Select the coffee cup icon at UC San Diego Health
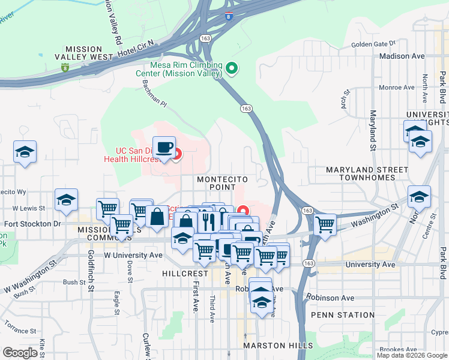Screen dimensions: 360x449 point(163,147)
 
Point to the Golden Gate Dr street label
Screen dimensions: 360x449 point(374,44)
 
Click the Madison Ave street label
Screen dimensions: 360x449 point(402,56)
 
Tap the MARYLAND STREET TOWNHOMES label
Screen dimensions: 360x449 point(361,174)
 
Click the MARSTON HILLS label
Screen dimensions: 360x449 point(278,346)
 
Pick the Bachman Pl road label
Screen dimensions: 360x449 point(153,93)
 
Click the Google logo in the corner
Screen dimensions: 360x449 point(20,352)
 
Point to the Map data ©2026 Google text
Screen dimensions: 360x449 point(412,355)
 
